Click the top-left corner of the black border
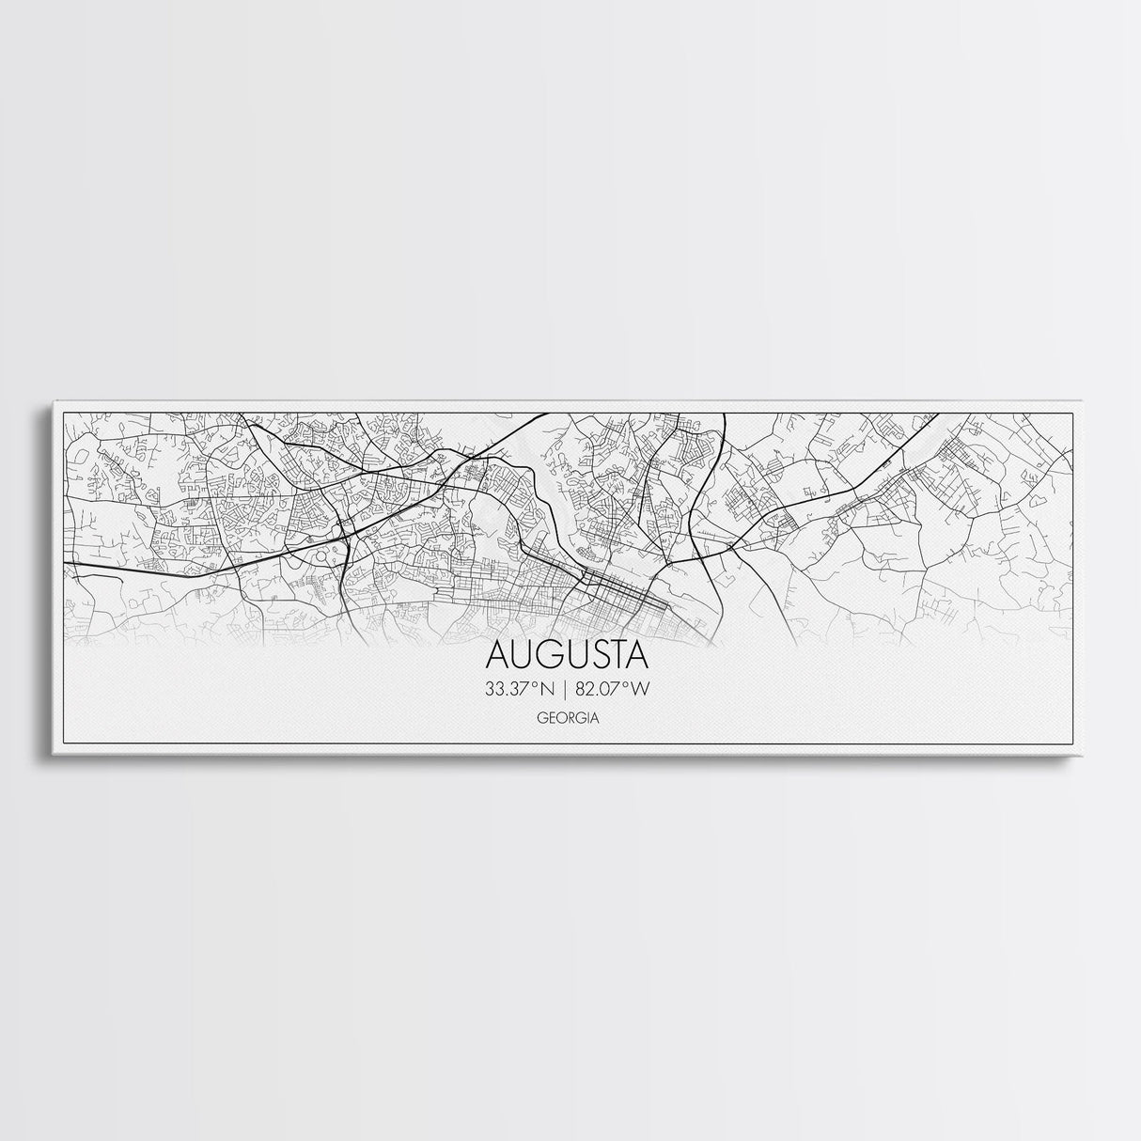coord(63,413)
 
